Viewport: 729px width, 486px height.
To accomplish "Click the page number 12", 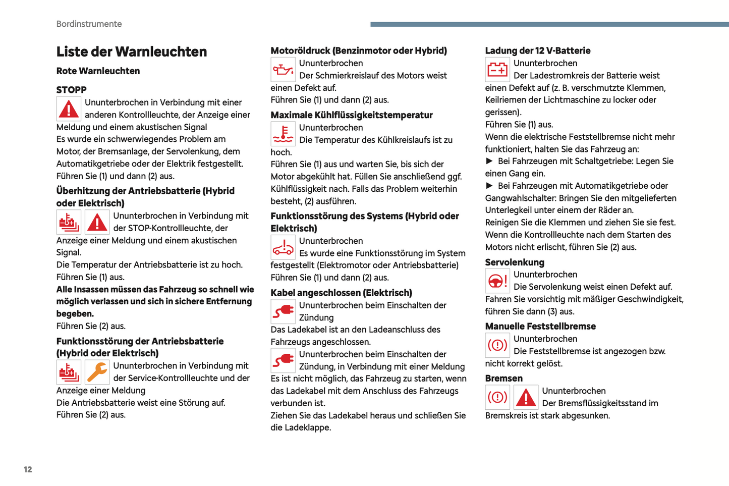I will click(28, 469).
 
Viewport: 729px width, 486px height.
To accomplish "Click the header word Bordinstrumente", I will click(89, 24).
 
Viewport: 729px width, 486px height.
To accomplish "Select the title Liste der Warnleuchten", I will click(132, 51).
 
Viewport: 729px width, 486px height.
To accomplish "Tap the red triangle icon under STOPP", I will click(69, 109).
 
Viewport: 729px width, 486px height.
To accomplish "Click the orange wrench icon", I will click(97, 372).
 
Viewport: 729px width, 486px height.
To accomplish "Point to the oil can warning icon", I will click(283, 70).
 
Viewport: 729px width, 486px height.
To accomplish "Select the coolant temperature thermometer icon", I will click(283, 134).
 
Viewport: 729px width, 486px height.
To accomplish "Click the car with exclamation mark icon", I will click(283, 247).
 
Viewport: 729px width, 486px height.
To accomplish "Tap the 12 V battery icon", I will click(497, 70).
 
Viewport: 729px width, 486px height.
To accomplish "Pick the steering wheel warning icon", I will click(497, 281).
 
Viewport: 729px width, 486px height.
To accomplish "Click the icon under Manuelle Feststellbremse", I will click(497, 345).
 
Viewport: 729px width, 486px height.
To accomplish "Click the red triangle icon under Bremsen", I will click(526, 397).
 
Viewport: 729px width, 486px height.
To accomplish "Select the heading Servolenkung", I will click(515, 262).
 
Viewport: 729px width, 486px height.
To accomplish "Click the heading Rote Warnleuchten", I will click(98, 71).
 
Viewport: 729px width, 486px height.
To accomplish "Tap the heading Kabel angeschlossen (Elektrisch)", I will click(341, 293).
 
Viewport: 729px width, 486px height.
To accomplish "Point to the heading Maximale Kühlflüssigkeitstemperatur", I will click(352, 115).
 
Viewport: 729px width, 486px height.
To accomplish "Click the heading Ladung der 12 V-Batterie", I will click(537, 50).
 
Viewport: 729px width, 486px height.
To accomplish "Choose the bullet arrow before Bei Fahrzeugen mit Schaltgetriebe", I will click(489, 161).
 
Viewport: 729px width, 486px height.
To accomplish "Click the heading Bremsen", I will click(503, 379).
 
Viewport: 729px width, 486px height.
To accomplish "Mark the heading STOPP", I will click(71, 90).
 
